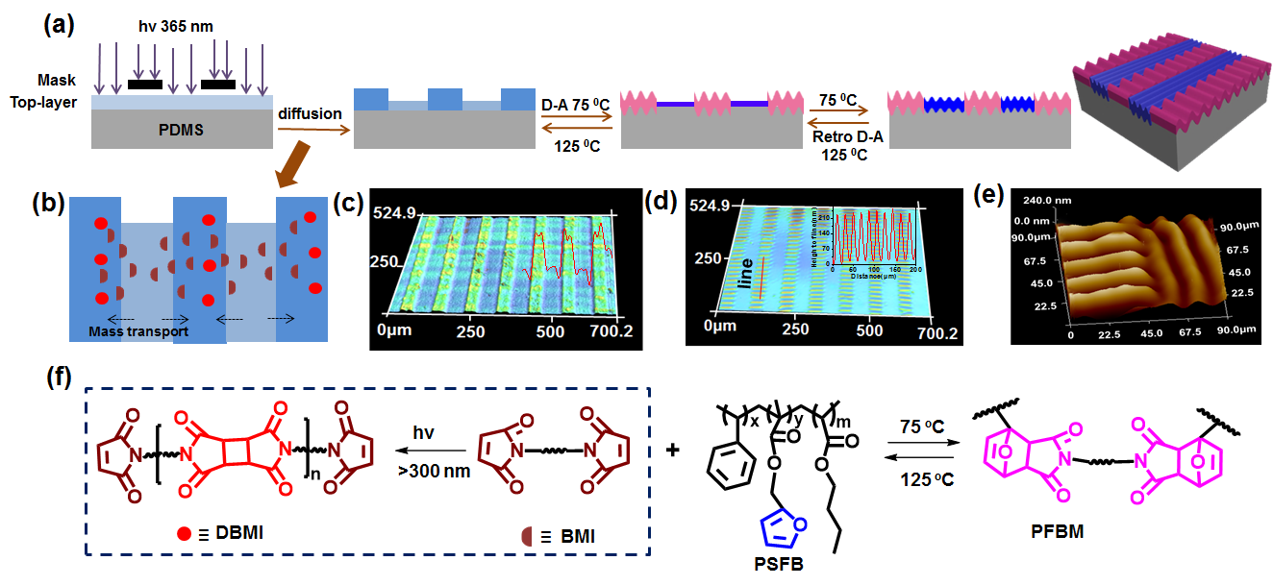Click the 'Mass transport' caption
click(137, 333)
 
